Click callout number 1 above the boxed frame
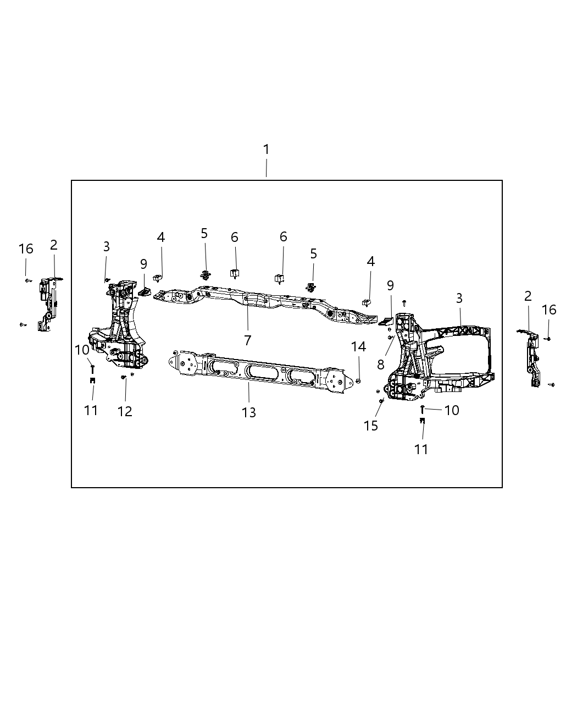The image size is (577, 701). (x=267, y=150)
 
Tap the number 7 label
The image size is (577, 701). (x=248, y=340)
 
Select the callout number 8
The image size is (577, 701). (x=381, y=365)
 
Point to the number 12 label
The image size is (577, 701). (x=125, y=411)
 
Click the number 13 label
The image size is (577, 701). (x=249, y=412)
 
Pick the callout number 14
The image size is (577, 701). (x=358, y=346)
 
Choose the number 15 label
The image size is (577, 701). (x=371, y=426)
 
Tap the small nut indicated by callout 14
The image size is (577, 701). (x=358, y=380)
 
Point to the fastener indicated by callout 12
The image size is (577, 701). (x=124, y=377)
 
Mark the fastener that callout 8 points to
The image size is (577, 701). (x=390, y=337)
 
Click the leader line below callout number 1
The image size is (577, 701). (x=267, y=168)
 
